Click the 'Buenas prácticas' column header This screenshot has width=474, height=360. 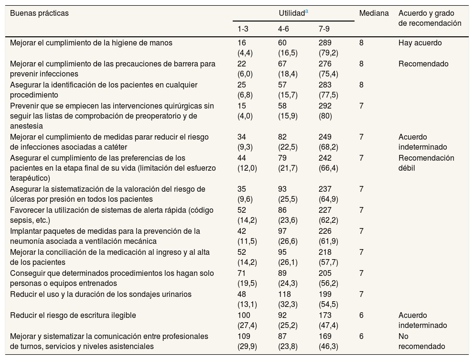coord(39,13)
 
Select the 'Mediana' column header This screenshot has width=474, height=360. coord(374,13)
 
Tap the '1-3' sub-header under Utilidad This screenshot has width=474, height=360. coord(243,29)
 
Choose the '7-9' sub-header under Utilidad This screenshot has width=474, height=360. coord(324,29)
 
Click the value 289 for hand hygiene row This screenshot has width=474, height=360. coord(325,43)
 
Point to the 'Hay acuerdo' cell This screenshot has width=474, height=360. coord(420,43)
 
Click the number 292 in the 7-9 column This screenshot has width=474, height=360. coord(325,106)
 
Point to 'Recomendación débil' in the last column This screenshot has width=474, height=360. coord(426,163)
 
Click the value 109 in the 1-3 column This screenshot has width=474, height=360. coord(244,337)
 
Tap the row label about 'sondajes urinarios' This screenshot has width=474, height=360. coord(100,295)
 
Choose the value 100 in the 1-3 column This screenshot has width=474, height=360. coord(244,316)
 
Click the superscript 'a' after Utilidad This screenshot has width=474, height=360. coord(306,11)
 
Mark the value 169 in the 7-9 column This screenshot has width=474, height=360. coord(325,337)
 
